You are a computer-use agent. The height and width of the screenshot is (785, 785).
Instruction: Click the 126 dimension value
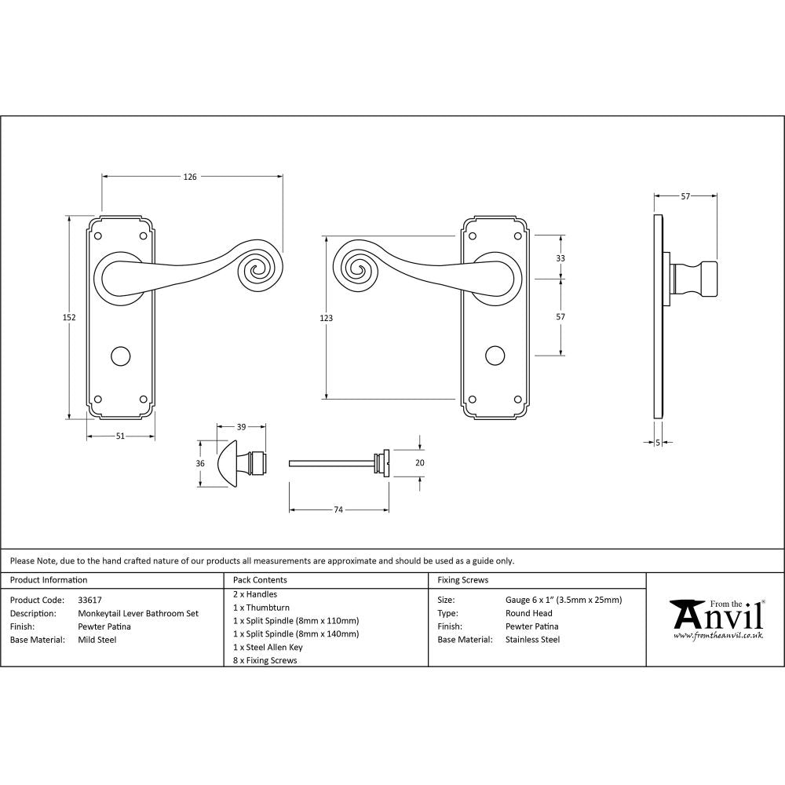190,177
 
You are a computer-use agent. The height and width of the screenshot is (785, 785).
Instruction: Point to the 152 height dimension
69,317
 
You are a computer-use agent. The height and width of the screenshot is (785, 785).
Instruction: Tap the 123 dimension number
326,318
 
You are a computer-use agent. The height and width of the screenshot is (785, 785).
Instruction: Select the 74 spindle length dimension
338,510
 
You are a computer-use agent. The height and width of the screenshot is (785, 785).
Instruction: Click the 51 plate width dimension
120,436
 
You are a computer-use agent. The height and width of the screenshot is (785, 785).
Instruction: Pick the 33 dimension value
560,258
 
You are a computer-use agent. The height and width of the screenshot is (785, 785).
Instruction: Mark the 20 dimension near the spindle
419,463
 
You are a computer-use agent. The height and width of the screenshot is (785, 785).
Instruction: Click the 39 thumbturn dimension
241,427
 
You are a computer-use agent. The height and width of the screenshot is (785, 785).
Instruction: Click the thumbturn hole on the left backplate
120,356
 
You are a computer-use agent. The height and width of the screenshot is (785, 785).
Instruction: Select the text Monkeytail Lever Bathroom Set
138,613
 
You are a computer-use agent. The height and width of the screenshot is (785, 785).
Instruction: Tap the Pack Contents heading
260,580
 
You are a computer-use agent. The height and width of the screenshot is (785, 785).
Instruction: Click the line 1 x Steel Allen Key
268,647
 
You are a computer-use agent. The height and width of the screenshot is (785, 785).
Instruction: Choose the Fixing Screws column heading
462,580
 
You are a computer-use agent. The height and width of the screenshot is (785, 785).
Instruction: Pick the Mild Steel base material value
97,640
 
